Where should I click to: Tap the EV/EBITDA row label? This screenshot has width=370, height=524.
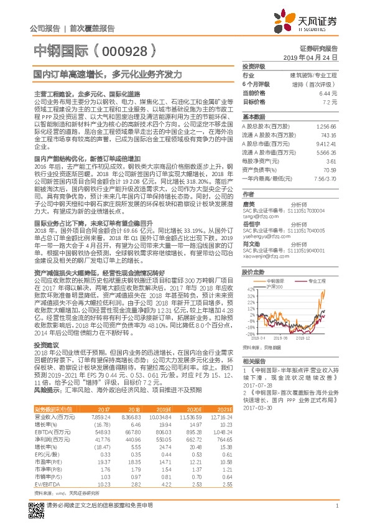[x=47, y=483]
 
